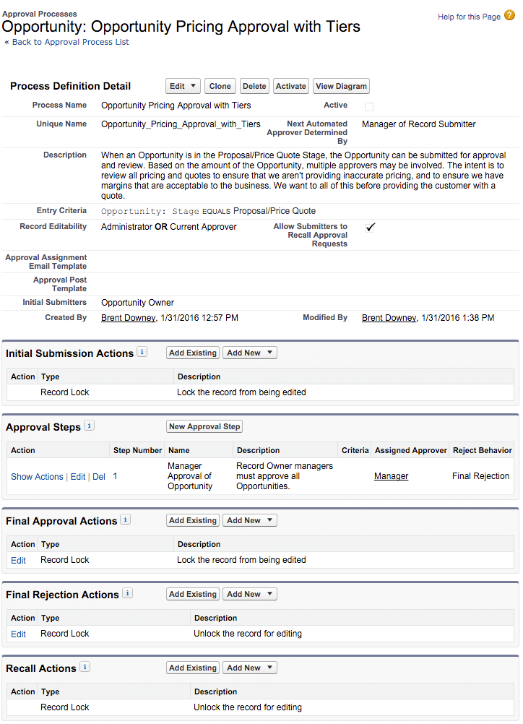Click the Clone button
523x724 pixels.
click(x=220, y=86)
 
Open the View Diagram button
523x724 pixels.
click(x=341, y=86)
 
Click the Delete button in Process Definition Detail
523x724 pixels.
click(x=254, y=86)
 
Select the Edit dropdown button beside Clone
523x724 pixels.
click(x=183, y=86)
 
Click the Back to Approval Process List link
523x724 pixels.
click(x=70, y=42)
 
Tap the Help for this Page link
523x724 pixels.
click(x=469, y=17)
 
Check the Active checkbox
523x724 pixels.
click(x=369, y=106)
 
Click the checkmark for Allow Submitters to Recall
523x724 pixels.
click(x=371, y=227)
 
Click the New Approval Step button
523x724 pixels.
click(x=204, y=426)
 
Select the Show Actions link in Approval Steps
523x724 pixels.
click(x=37, y=477)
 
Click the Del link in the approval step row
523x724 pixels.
click(x=99, y=477)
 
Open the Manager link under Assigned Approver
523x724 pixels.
click(x=391, y=476)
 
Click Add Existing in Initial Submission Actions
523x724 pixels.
click(x=192, y=353)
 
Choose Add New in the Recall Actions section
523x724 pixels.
click(x=249, y=668)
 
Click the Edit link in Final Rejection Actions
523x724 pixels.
click(x=18, y=634)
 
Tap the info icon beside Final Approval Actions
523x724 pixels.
click(x=126, y=520)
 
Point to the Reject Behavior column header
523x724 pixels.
click(x=482, y=450)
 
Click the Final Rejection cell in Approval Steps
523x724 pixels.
click(x=480, y=476)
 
